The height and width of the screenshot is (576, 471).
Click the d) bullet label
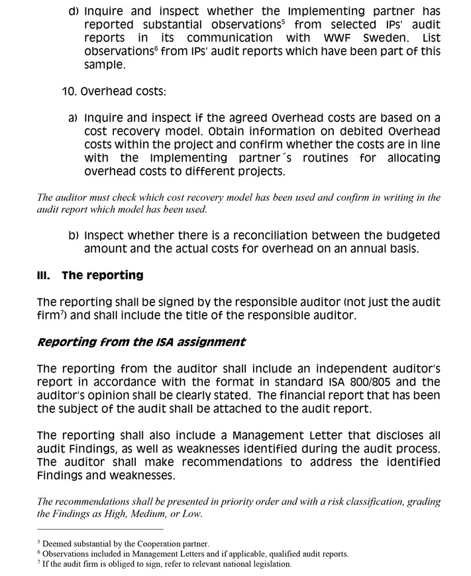tap(74, 11)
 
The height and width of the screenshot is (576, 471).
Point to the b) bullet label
tap(74, 235)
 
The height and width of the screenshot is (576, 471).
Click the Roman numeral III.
tap(44, 275)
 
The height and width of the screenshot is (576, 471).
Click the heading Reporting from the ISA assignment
tap(141, 342)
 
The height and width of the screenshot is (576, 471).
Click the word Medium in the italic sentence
tap(136, 514)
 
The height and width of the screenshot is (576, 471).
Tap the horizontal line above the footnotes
tap(100, 529)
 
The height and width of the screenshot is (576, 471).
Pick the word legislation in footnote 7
tap(268, 564)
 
